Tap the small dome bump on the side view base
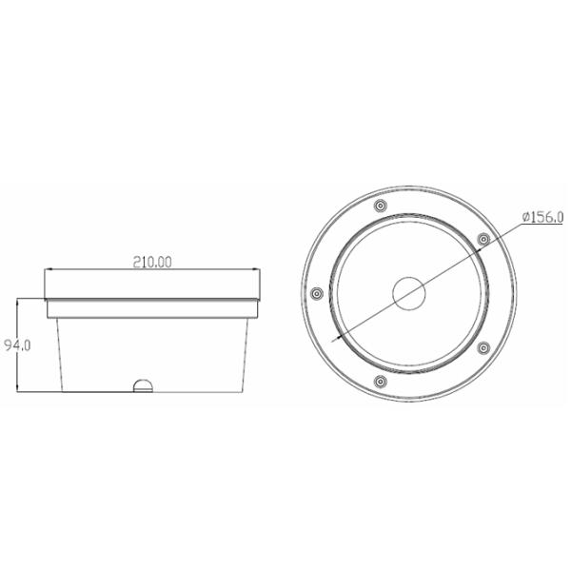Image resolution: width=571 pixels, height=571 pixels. pos(143,385)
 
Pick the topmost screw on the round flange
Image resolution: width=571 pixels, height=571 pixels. pos(380,206)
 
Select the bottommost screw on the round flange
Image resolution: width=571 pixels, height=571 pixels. pos(380,383)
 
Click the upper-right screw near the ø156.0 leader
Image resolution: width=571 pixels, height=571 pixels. pos(482,237)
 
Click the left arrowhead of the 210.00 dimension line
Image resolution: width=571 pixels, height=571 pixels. pos(47,270)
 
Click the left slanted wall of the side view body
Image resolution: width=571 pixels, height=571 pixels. pos(57,352)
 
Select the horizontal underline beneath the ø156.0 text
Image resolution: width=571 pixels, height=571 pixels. pos(543,226)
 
